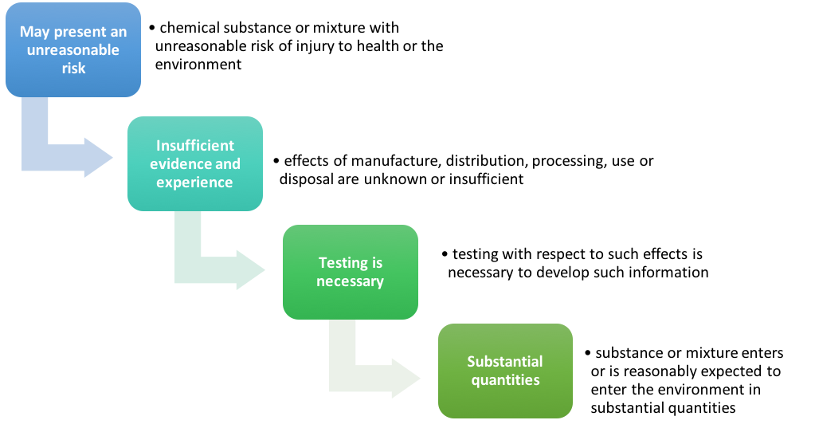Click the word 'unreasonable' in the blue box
click(x=73, y=50)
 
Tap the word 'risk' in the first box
click(x=73, y=68)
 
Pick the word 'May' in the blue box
click(x=34, y=33)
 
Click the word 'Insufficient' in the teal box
click(x=195, y=146)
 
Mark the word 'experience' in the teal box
click(x=195, y=182)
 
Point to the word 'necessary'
click(x=350, y=281)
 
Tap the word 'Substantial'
click(x=505, y=361)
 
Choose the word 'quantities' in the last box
click(x=505, y=379)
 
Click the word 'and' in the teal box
click(x=228, y=164)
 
